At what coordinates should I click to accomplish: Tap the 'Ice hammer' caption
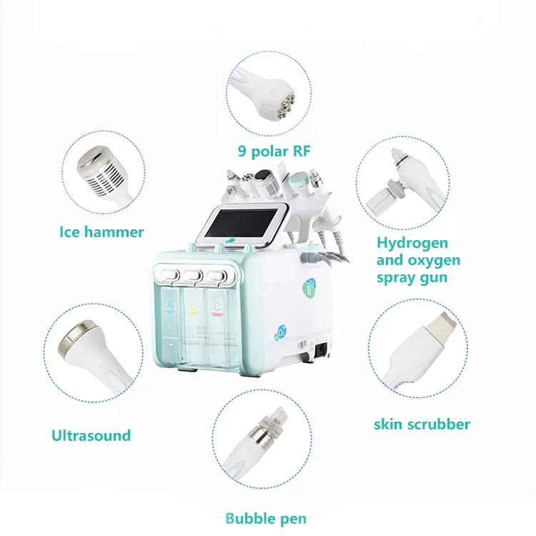click(101, 232)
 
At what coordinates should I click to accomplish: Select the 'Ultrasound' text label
click(91, 435)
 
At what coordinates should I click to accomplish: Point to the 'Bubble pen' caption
click(266, 518)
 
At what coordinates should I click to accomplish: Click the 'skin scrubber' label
click(422, 424)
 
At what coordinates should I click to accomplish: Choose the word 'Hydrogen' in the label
click(412, 243)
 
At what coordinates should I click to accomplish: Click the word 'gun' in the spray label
click(433, 277)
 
